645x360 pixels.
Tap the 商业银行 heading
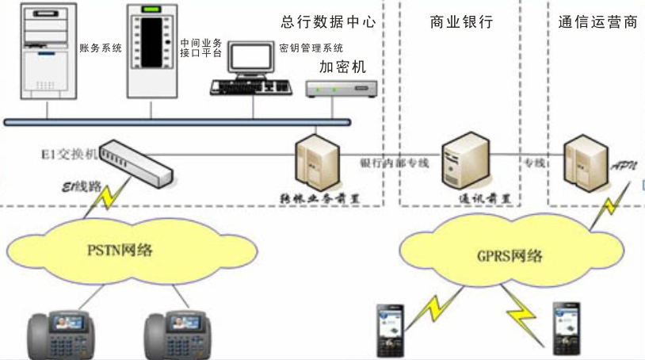(x=461, y=22)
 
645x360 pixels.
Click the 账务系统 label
(x=101, y=48)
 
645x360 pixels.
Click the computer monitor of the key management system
(x=250, y=59)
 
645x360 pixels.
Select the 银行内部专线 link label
(x=394, y=163)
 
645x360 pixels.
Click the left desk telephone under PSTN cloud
(x=59, y=335)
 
